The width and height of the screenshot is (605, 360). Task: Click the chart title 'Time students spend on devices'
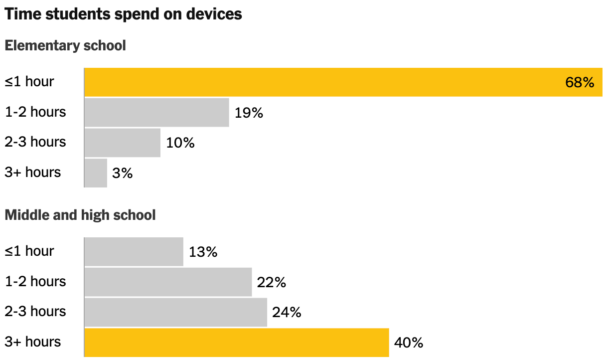tap(123, 14)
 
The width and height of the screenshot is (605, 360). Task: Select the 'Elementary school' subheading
tap(65, 46)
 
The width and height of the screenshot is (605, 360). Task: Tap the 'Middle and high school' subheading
tap(80, 215)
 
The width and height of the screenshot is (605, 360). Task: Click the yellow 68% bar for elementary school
tap(324, 82)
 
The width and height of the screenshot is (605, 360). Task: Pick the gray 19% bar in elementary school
tap(156, 113)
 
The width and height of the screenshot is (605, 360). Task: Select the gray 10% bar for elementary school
tap(122, 143)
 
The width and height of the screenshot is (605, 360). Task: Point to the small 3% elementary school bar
tap(96, 173)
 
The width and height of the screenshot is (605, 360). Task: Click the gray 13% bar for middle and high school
tap(134, 252)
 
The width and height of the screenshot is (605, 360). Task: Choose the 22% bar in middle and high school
tap(168, 282)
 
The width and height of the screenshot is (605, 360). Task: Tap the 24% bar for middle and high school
tap(175, 313)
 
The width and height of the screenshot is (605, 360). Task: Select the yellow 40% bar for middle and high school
tap(236, 343)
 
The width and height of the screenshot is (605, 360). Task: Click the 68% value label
tap(580, 83)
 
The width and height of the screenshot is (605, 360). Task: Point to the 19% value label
tap(249, 113)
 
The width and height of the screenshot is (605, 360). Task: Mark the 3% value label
tap(123, 174)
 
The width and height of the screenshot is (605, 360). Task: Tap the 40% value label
tap(409, 343)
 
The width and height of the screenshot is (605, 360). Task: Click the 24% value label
tap(287, 313)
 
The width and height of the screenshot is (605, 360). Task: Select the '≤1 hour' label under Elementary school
tap(29, 82)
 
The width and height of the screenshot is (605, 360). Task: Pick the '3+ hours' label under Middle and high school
tap(33, 342)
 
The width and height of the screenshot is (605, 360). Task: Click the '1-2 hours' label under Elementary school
tap(35, 112)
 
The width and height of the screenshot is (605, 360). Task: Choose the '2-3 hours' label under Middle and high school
tap(35, 312)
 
